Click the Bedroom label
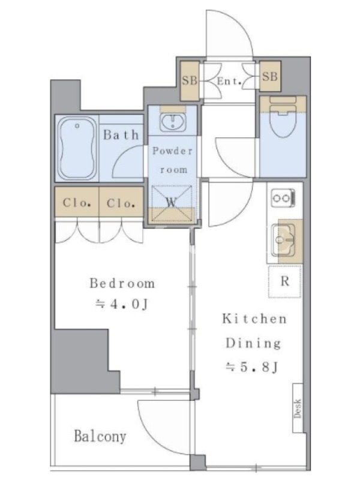(122, 283)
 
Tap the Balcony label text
(100, 436)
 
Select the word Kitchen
(254, 319)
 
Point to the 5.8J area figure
(252, 367)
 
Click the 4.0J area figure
(122, 304)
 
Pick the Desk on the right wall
(298, 408)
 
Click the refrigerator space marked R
(285, 281)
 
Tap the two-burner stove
(283, 198)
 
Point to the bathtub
(77, 148)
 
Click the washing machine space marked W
(172, 203)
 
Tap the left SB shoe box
(190, 81)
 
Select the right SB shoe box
(270, 76)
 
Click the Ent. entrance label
(229, 82)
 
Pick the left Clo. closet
(77, 202)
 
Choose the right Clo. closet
(121, 202)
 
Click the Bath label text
(121, 134)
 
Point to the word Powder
(173, 151)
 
